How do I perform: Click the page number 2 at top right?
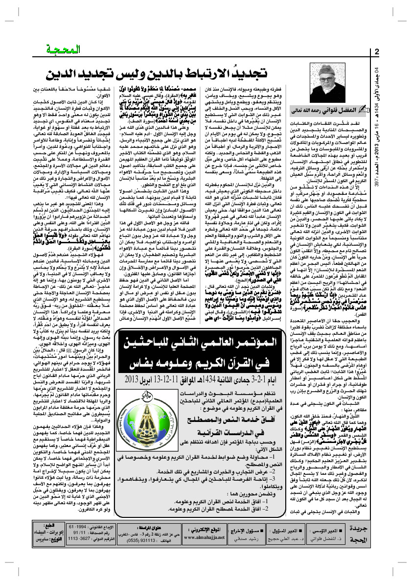coord(377,52)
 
